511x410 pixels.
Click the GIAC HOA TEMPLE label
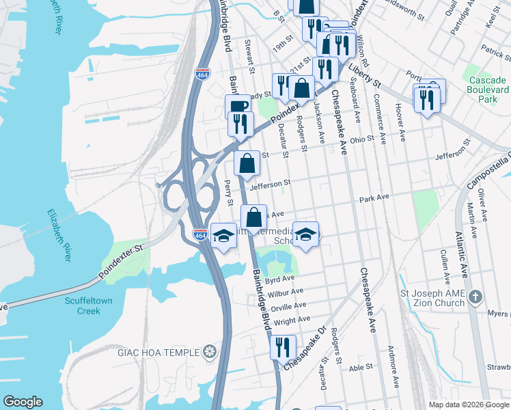point(167,352)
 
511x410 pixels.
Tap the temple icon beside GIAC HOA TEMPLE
point(210,352)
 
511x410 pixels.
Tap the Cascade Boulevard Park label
point(488,90)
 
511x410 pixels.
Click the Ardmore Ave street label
point(393,368)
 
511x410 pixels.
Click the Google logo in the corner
point(23,402)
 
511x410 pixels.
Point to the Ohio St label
point(362,139)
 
